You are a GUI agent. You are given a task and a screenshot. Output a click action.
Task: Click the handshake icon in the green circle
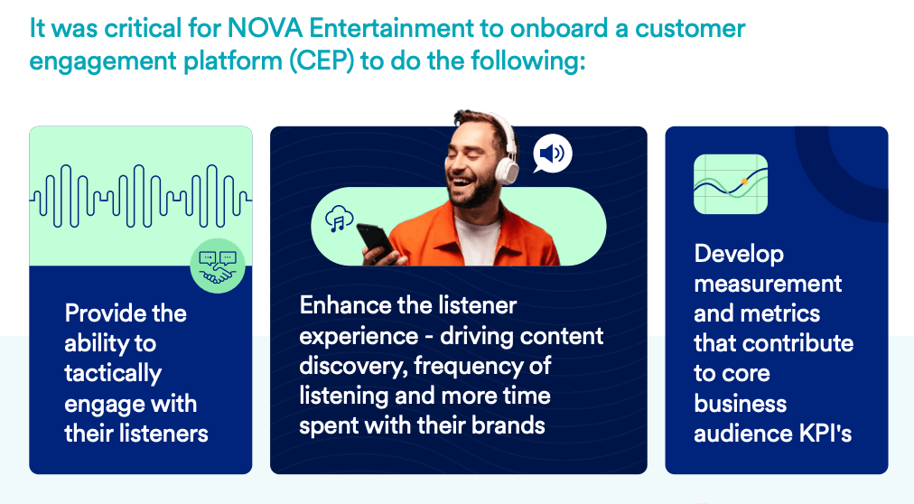coord(218,267)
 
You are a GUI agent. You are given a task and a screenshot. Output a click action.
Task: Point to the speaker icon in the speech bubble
coord(551,155)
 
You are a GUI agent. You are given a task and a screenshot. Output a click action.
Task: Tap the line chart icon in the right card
coord(730,184)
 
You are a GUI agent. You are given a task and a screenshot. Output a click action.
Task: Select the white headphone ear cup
coord(507,164)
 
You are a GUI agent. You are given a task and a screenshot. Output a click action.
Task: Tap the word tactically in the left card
coord(113,373)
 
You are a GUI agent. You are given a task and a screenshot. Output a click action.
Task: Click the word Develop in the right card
coord(739,254)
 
